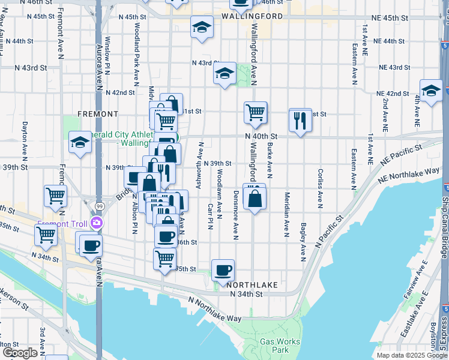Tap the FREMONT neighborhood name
point(98,113)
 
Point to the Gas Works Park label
point(275,346)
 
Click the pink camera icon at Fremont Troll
point(96,224)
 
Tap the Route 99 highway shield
point(98,206)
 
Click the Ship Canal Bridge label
point(445,222)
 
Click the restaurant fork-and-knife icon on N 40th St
point(300,121)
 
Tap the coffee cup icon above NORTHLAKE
point(223,271)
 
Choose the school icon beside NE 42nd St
point(430,91)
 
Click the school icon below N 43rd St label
point(224,74)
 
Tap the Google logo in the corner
point(20,353)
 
